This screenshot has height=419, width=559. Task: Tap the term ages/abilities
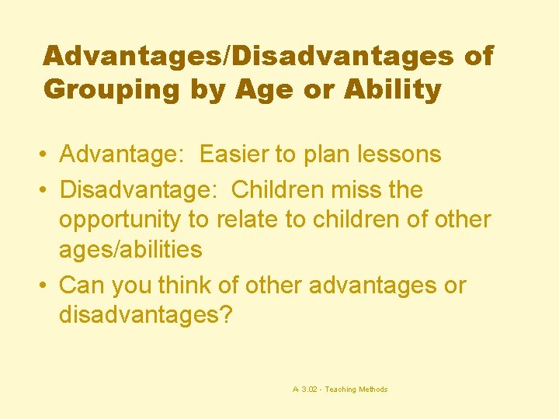130,250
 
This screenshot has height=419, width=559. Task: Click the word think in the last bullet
186,286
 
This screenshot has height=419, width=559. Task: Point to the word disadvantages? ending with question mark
145,316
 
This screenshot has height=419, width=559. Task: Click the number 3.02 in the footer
309,390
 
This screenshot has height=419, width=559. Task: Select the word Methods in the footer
373,390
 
